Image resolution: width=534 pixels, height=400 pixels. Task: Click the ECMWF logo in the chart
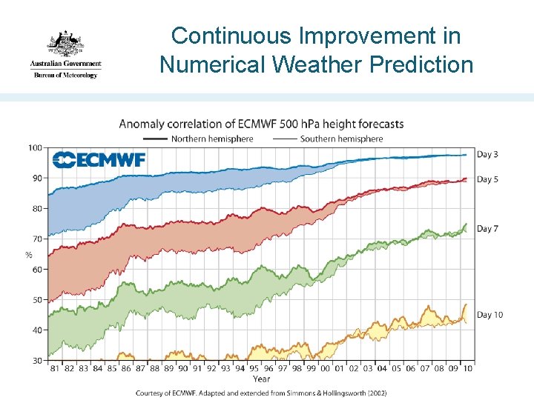pos(99,159)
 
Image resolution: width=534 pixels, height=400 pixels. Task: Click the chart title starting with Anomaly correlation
pos(261,124)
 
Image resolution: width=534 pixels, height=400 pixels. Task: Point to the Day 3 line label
pos(487,154)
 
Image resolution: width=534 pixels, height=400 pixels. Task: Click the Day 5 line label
pos(487,179)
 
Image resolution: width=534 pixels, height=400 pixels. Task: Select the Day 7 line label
pos(487,229)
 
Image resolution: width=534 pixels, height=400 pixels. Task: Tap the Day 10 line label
pos(489,315)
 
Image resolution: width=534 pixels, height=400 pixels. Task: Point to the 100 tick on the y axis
pos(35,147)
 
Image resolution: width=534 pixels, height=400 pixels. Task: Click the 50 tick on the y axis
pos(36,299)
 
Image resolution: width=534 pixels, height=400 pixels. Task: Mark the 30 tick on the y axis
pos(36,360)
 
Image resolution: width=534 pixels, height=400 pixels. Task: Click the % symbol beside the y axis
pos(28,255)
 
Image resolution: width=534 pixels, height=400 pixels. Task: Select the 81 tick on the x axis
pos(54,368)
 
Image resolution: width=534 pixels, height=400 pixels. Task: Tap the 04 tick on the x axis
pos(381,368)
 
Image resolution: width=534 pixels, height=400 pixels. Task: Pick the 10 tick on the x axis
pos(467,368)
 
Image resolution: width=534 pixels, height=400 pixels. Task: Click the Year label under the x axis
pos(261,379)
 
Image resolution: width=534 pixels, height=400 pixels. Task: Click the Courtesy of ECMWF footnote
pos(261,393)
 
